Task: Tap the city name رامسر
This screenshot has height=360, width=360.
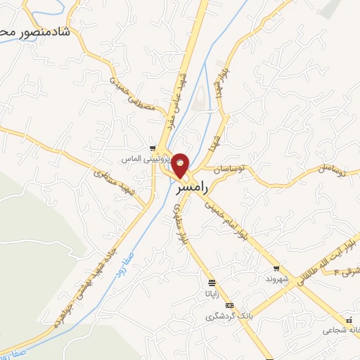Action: (x=188, y=189)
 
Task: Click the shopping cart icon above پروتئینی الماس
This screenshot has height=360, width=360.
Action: (x=152, y=149)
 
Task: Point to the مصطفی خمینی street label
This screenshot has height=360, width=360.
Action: (x=129, y=94)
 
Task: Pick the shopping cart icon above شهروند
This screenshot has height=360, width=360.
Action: (x=276, y=268)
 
